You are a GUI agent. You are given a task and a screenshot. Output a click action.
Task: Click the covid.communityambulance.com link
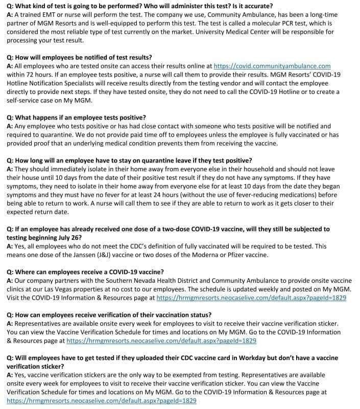pos(272,66)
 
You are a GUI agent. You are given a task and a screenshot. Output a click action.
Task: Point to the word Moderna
pos(212,255)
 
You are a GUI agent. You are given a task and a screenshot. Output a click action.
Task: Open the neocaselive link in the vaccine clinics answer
pos(251,298)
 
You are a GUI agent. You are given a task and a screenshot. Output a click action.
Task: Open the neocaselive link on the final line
pos(101,401)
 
